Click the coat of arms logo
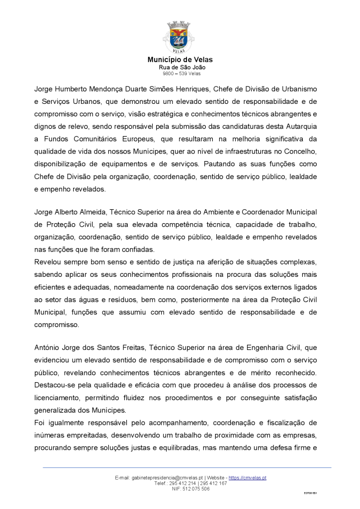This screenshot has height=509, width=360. point(180,37)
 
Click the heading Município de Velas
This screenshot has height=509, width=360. point(180,60)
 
